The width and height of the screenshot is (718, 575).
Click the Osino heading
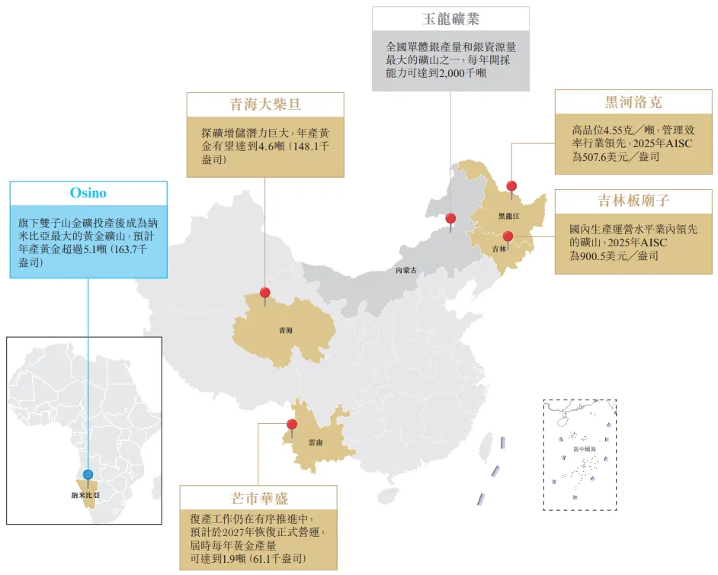coord(88,193)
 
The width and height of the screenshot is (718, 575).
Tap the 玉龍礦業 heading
coord(450,19)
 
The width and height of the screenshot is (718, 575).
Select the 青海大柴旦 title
coord(265,104)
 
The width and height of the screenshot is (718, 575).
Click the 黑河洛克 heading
coord(633,101)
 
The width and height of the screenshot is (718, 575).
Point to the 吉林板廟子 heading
coord(633,201)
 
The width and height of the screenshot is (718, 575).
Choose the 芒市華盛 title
coord(259,498)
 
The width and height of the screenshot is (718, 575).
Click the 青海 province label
coord(286,330)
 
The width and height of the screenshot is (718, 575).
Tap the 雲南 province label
coord(316,442)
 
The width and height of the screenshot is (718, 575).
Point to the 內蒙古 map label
coord(406,270)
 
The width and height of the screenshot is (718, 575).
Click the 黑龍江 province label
coord(508,216)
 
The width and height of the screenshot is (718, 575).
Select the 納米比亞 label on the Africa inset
coord(85,495)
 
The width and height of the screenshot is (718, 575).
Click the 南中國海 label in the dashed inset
coord(585,449)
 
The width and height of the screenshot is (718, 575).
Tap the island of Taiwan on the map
coord(486,446)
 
